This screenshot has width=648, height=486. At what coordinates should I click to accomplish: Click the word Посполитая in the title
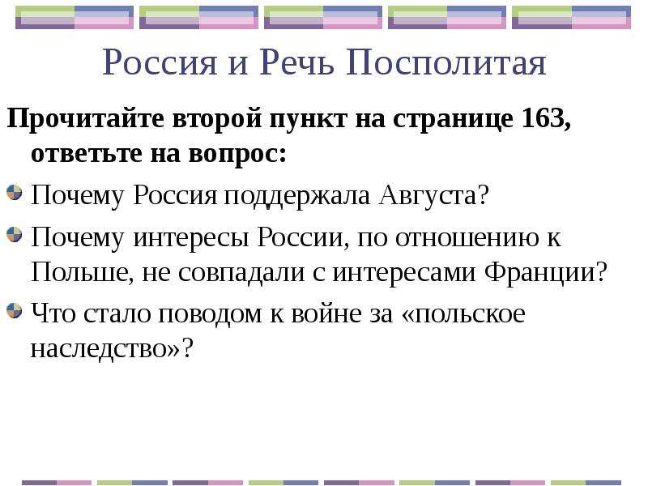[x=446, y=63]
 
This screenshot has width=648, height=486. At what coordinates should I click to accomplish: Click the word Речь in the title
[x=296, y=62]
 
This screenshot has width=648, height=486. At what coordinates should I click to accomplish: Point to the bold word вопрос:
[x=237, y=155]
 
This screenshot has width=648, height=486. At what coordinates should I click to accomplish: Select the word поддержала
[x=296, y=196]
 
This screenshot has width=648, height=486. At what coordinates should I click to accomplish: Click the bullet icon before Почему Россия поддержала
[x=15, y=193]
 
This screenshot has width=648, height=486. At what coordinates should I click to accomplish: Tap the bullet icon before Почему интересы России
[x=15, y=235]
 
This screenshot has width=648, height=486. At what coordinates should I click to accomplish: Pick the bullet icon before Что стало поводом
[x=15, y=311]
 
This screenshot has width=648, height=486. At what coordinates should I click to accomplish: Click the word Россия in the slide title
[x=159, y=63]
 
